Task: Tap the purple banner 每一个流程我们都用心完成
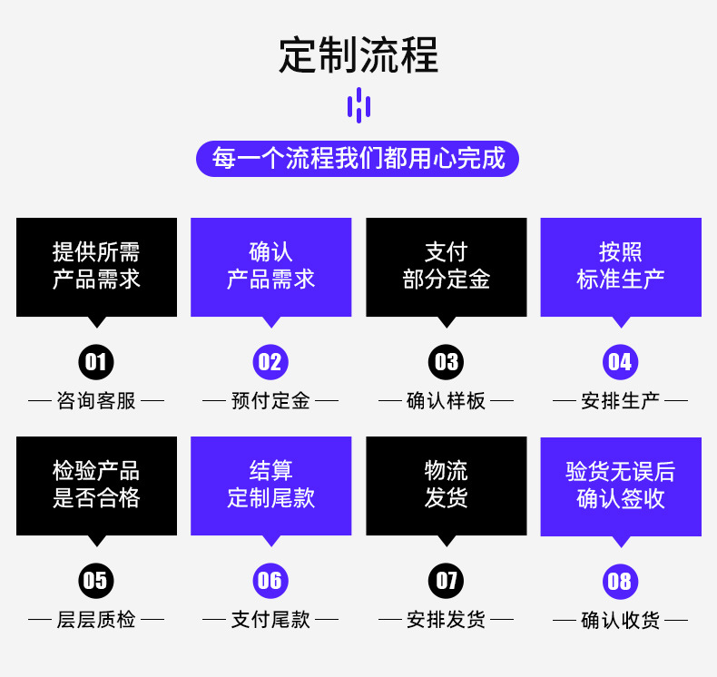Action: pos(358,158)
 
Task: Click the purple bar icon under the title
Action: pos(358,105)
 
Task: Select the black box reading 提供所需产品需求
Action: pos(96,267)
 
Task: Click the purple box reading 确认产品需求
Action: pos(270,267)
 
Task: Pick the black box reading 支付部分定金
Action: pos(446,267)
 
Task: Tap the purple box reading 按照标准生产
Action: pos(621,267)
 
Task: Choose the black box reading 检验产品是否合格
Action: pos(96,486)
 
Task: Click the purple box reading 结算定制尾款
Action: pos(270,486)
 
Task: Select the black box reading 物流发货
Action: pos(446,486)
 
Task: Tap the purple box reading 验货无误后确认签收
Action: pos(621,486)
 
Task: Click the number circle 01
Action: pos(95,362)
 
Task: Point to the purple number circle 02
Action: pos(270,362)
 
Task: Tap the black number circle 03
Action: pos(446,362)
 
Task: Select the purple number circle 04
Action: pos(620,362)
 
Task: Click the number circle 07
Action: pos(446,581)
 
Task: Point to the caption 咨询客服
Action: pos(96,400)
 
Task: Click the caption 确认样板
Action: pos(446,400)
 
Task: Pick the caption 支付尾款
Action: pos(270,620)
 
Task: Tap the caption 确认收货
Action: pos(621,621)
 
